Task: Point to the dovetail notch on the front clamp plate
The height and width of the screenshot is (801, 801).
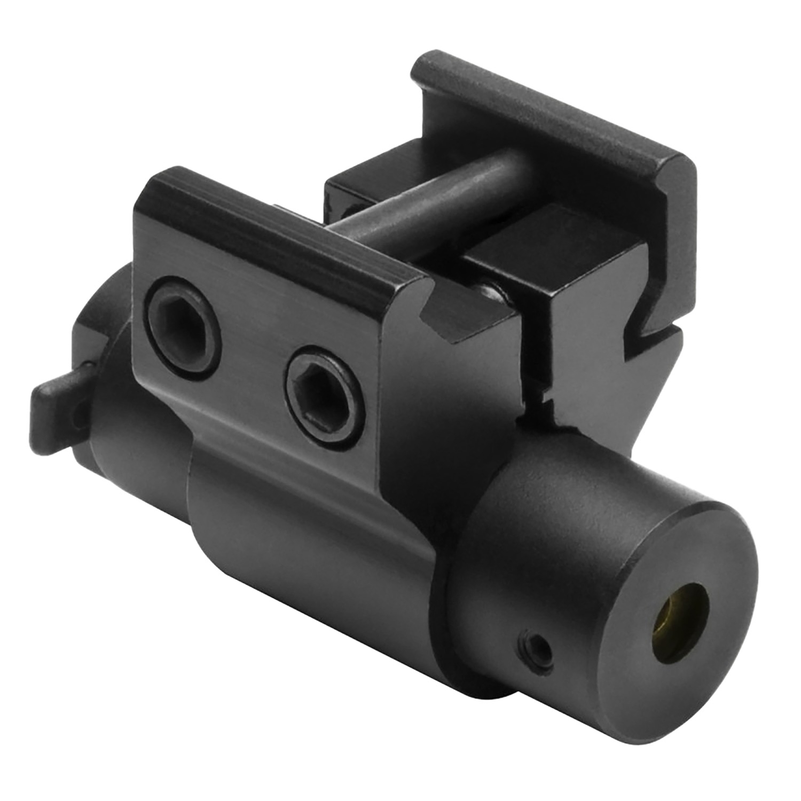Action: (x=433, y=315)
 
